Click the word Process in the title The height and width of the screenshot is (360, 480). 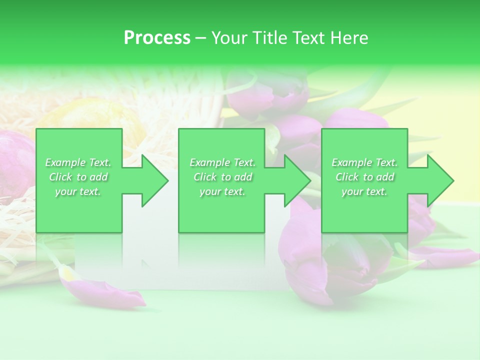pos(157,38)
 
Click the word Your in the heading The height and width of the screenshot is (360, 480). pos(229,38)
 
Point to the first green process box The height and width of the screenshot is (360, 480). pos(79,210)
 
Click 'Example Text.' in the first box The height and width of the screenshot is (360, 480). pos(78,162)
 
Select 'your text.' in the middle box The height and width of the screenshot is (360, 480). pos(222,191)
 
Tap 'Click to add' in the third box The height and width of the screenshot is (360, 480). pos(365,177)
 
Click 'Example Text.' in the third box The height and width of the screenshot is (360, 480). pos(364,162)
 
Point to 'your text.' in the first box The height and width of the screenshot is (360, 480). pos(78,191)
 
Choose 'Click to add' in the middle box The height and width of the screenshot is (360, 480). pos(222,177)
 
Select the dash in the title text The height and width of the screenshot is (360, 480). pos(200,38)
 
